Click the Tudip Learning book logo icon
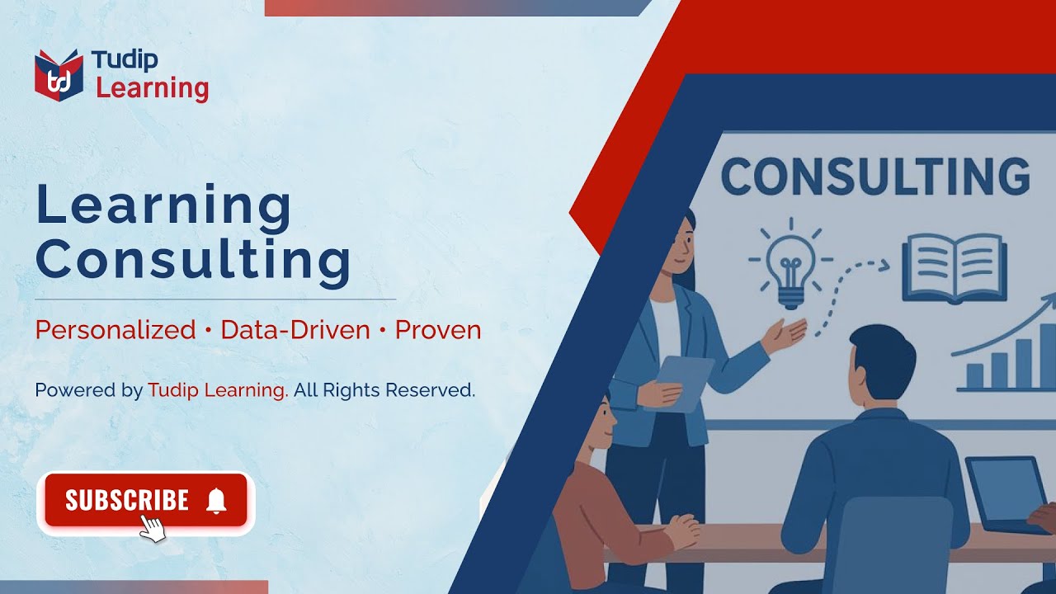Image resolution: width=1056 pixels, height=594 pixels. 59,75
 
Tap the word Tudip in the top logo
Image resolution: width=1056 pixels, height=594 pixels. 125,60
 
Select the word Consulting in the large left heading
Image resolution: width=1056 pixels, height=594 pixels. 193,262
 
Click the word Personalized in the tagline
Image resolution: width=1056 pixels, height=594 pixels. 115,329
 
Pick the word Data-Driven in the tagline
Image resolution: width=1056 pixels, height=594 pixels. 295,329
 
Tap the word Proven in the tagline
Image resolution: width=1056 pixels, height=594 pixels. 438,330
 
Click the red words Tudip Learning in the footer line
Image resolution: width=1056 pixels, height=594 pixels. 218,390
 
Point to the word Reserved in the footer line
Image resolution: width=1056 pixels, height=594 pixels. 430,390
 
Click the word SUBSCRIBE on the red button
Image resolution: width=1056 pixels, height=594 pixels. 127,500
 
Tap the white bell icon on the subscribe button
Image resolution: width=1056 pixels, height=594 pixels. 216,501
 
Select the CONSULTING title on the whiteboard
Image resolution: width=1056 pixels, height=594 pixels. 875,176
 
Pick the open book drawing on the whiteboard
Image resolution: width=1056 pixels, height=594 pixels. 955,268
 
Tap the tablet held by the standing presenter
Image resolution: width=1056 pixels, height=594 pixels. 681,383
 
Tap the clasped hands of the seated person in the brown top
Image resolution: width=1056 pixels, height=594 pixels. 682,530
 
